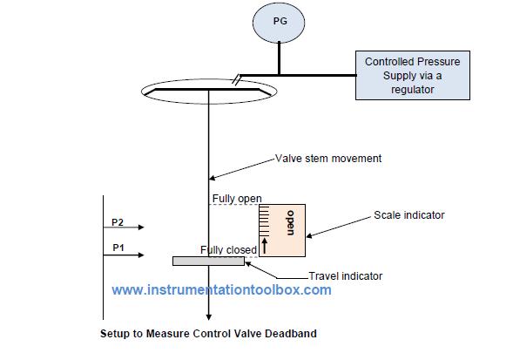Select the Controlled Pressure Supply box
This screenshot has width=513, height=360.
(x=411, y=74)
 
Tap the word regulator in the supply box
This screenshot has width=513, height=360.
(x=411, y=89)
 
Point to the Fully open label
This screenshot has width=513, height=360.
(x=237, y=199)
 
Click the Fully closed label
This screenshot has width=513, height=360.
(x=228, y=249)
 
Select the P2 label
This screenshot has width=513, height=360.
(x=118, y=221)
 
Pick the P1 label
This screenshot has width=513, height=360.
(x=118, y=248)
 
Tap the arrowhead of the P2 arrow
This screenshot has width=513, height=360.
(x=140, y=228)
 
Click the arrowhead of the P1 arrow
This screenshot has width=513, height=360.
(x=140, y=256)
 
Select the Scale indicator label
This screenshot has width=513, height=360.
(x=410, y=214)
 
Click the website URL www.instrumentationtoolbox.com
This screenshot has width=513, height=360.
(x=221, y=290)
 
